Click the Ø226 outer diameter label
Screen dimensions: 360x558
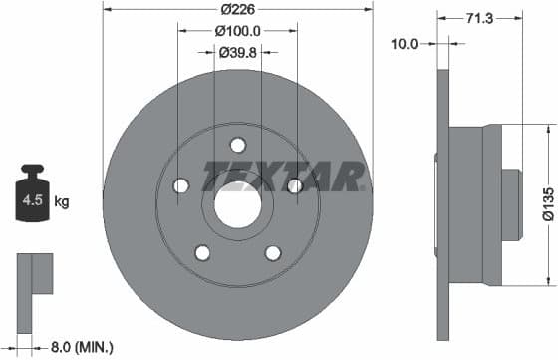click(x=238, y=8)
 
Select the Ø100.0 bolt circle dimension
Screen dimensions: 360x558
click(x=238, y=30)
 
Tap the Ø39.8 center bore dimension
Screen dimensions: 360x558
click(x=238, y=52)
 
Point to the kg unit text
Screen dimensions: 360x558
click(x=62, y=202)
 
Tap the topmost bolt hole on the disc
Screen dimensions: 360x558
click(x=238, y=145)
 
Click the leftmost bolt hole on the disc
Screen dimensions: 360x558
click(x=180, y=186)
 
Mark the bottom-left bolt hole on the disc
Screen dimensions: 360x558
click(x=203, y=253)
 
